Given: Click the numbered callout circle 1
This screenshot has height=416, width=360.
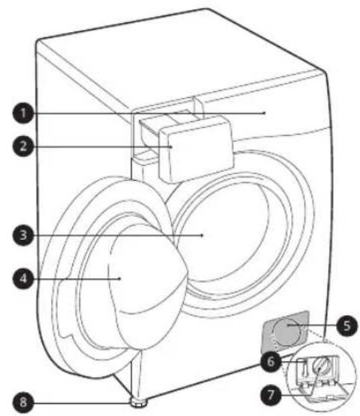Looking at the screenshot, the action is (x=23, y=114).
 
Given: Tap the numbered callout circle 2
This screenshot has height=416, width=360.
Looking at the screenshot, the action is (x=23, y=146).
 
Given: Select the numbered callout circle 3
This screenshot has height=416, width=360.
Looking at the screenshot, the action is (x=23, y=235).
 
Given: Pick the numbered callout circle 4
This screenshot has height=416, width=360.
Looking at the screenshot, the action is (x=23, y=279).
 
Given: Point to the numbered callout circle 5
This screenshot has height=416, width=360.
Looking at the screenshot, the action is (x=347, y=326).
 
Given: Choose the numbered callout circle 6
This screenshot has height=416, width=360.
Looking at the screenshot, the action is (x=270, y=361).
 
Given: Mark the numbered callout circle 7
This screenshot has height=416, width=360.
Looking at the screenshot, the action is (x=270, y=395).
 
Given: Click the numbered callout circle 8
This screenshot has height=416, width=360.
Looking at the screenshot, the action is (x=23, y=402).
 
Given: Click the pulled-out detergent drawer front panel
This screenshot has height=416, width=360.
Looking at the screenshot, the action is (x=197, y=149).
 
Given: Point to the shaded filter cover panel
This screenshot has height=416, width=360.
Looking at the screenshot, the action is (x=285, y=332).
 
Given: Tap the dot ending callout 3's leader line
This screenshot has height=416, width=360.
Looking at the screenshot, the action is (x=202, y=235).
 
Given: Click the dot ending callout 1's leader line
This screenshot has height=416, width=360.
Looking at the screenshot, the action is (x=264, y=113).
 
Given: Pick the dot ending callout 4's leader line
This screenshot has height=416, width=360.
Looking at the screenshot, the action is (x=120, y=279).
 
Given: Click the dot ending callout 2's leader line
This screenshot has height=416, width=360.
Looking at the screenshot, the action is (x=172, y=146).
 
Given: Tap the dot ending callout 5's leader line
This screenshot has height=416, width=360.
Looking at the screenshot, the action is (x=288, y=326).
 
